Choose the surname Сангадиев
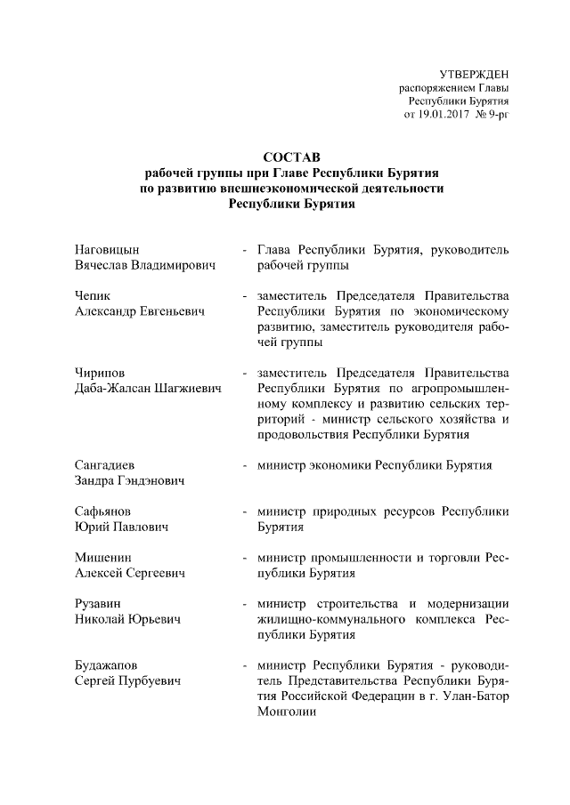pyautogui.click(x=104, y=465)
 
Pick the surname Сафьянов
pyautogui.click(x=103, y=511)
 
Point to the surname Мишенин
pyautogui.click(x=101, y=558)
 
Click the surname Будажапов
pyautogui.click(x=107, y=665)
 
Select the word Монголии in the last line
pyautogui.click(x=286, y=712)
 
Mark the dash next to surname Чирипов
pyautogui.click(x=244, y=374)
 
